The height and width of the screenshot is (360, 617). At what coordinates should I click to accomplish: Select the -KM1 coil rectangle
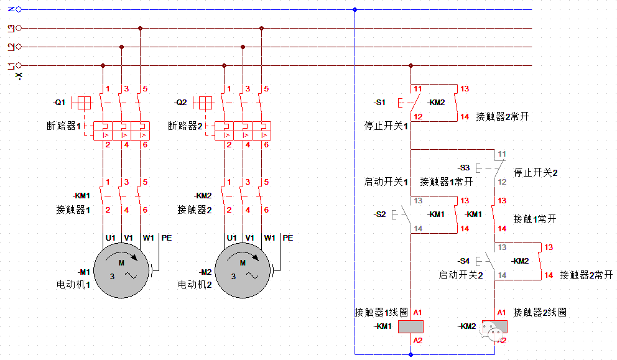point(411,326)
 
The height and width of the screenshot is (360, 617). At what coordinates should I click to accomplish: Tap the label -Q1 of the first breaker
point(60,101)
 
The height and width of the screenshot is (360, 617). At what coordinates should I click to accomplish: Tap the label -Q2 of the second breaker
point(181,101)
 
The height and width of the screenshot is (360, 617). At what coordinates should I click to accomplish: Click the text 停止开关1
point(386,126)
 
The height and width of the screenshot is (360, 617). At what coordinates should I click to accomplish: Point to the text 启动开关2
point(461,275)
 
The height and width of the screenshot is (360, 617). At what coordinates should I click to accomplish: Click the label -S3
point(464,168)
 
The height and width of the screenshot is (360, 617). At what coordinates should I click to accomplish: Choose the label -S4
point(464,261)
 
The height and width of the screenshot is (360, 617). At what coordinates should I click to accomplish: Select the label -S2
point(379,214)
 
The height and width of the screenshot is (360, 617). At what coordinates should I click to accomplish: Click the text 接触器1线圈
point(381,312)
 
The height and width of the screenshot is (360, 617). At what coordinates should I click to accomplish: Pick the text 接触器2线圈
point(540,312)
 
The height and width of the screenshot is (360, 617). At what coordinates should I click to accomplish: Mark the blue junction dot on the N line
point(355,9)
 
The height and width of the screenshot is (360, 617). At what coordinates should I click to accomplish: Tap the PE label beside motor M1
point(166,238)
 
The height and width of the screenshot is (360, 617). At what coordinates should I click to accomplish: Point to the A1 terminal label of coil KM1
point(417,312)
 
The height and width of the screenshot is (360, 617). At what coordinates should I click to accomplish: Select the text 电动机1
point(73,285)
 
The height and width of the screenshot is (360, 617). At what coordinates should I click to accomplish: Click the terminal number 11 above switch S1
point(418,89)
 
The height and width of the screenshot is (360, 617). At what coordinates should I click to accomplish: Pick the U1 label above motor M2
point(231,238)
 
